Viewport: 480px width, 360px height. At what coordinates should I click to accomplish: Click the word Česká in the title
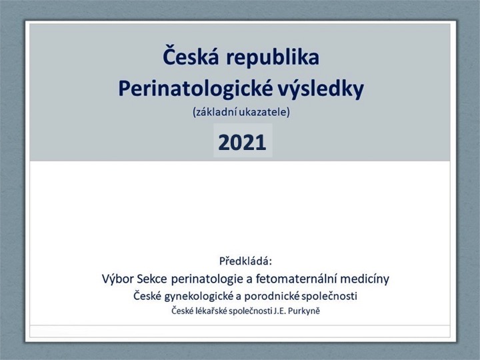tap(191, 56)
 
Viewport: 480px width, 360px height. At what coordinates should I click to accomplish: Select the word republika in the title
tap(273, 58)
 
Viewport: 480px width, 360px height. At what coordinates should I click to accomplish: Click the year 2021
tap(242, 143)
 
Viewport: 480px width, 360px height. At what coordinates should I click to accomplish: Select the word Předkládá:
tap(245, 261)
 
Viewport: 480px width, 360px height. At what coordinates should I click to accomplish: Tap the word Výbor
tap(118, 279)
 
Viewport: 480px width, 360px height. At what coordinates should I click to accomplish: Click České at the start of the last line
tap(182, 311)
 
